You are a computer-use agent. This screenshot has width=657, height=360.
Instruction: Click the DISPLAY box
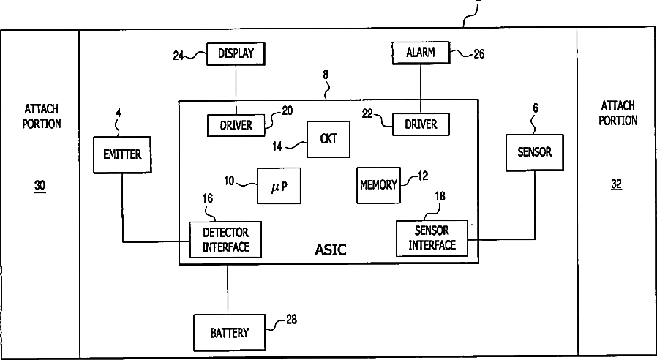tap(236, 53)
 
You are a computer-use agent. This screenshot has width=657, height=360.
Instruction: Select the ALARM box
tap(421, 53)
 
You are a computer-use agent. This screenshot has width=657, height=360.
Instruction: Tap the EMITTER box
tap(122, 154)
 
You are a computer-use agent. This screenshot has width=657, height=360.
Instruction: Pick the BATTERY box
tap(230, 333)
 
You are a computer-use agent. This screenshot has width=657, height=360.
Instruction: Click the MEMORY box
tap(378, 185)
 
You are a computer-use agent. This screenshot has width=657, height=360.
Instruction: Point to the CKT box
tap(328, 139)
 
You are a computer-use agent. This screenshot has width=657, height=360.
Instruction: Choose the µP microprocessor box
tap(279, 186)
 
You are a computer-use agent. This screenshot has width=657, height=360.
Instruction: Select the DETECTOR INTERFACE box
tap(225, 239)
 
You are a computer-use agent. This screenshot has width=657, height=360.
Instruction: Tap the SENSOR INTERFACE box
tap(432, 238)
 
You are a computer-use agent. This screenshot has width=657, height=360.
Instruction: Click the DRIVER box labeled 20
tap(236, 125)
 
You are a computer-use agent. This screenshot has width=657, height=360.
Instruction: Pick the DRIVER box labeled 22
tap(421, 124)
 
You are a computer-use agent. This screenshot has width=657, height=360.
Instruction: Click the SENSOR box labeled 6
tap(535, 152)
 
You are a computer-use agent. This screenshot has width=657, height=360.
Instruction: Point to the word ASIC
tap(331, 250)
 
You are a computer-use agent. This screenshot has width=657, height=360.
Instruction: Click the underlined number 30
tap(40, 186)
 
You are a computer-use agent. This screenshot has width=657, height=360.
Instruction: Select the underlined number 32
tap(616, 184)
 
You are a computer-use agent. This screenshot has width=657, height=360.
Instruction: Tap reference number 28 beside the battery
tap(292, 319)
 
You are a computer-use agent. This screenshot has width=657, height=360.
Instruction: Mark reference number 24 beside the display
tap(179, 56)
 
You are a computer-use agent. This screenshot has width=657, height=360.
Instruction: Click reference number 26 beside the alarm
tap(479, 53)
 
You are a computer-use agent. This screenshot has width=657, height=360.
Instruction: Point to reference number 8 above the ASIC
tap(326, 75)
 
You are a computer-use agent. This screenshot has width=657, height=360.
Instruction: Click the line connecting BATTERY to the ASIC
tap(228, 289)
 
